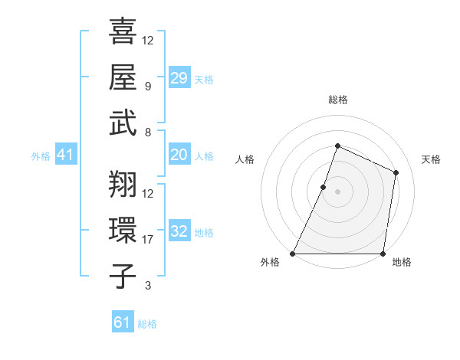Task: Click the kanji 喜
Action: pos(123,31)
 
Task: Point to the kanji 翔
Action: pos(123,184)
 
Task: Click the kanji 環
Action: pos(123,230)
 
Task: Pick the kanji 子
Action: pos(123,276)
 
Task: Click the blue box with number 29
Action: pos(179,78)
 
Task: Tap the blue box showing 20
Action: pos(179,155)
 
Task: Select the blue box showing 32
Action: pos(179,231)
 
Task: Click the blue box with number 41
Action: pos(66,155)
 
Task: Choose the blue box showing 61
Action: pos(123,322)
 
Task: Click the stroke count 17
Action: pos(148,240)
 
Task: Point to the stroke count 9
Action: pos(147,87)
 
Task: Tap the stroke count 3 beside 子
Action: pos(147,286)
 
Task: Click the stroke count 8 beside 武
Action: pos(147,133)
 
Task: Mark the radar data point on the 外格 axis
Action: pos(293,254)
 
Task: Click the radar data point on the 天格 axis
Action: pos(396,172)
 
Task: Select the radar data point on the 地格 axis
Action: pos(383,254)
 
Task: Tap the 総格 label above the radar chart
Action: pos(338,100)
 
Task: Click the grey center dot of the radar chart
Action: pos(338,191)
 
